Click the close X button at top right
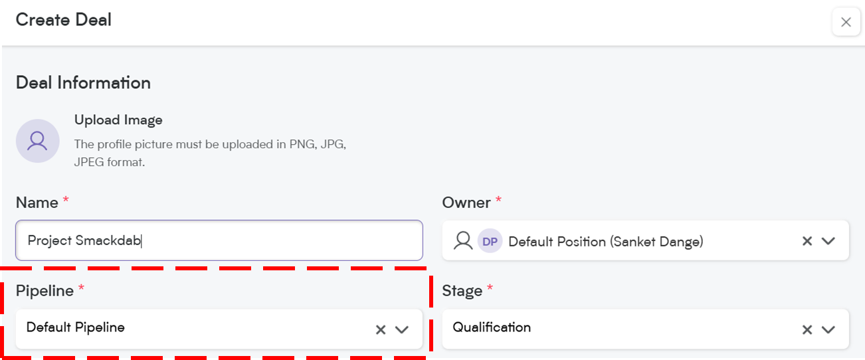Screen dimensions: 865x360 (846, 22)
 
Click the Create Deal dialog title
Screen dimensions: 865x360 (63, 20)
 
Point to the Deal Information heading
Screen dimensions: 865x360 (83, 82)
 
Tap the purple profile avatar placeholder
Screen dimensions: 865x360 (37, 141)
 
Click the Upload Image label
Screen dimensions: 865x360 (118, 120)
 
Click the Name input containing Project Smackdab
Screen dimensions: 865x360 (219, 240)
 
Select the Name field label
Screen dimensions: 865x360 (37, 203)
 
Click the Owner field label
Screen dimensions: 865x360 (466, 203)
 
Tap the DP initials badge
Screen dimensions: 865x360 (490, 241)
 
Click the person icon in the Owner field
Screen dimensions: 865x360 (463, 241)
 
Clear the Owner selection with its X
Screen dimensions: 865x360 (807, 241)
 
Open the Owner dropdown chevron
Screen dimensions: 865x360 (828, 241)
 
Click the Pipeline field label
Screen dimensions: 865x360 (45, 290)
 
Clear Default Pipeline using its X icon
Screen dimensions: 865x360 (381, 329)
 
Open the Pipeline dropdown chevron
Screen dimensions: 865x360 (401, 329)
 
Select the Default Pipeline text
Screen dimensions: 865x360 (75, 327)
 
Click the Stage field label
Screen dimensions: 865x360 (462, 290)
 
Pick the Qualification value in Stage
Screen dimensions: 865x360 (492, 327)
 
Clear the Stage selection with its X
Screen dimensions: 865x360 (807, 329)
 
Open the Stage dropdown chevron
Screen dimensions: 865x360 (828, 329)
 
